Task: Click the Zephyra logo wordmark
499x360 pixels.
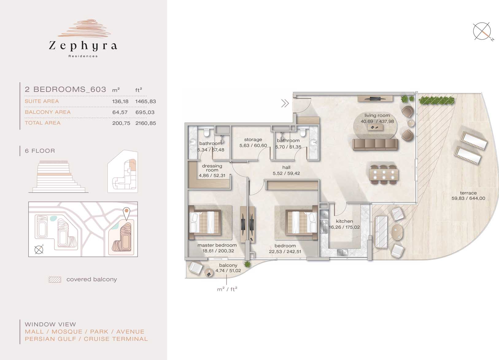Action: (x=83, y=46)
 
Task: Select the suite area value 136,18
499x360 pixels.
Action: (x=120, y=101)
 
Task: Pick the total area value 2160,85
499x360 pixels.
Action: (x=146, y=123)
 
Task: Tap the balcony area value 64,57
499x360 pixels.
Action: (x=120, y=112)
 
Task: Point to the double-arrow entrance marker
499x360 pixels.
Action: (x=285, y=103)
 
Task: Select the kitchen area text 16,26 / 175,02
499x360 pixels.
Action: (x=344, y=227)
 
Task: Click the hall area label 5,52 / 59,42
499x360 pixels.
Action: (x=286, y=173)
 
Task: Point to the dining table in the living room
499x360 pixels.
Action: (x=384, y=174)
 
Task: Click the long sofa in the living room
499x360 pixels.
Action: (x=375, y=145)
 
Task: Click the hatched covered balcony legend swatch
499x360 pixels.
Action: (x=55, y=280)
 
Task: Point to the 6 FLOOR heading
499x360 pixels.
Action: (x=40, y=151)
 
